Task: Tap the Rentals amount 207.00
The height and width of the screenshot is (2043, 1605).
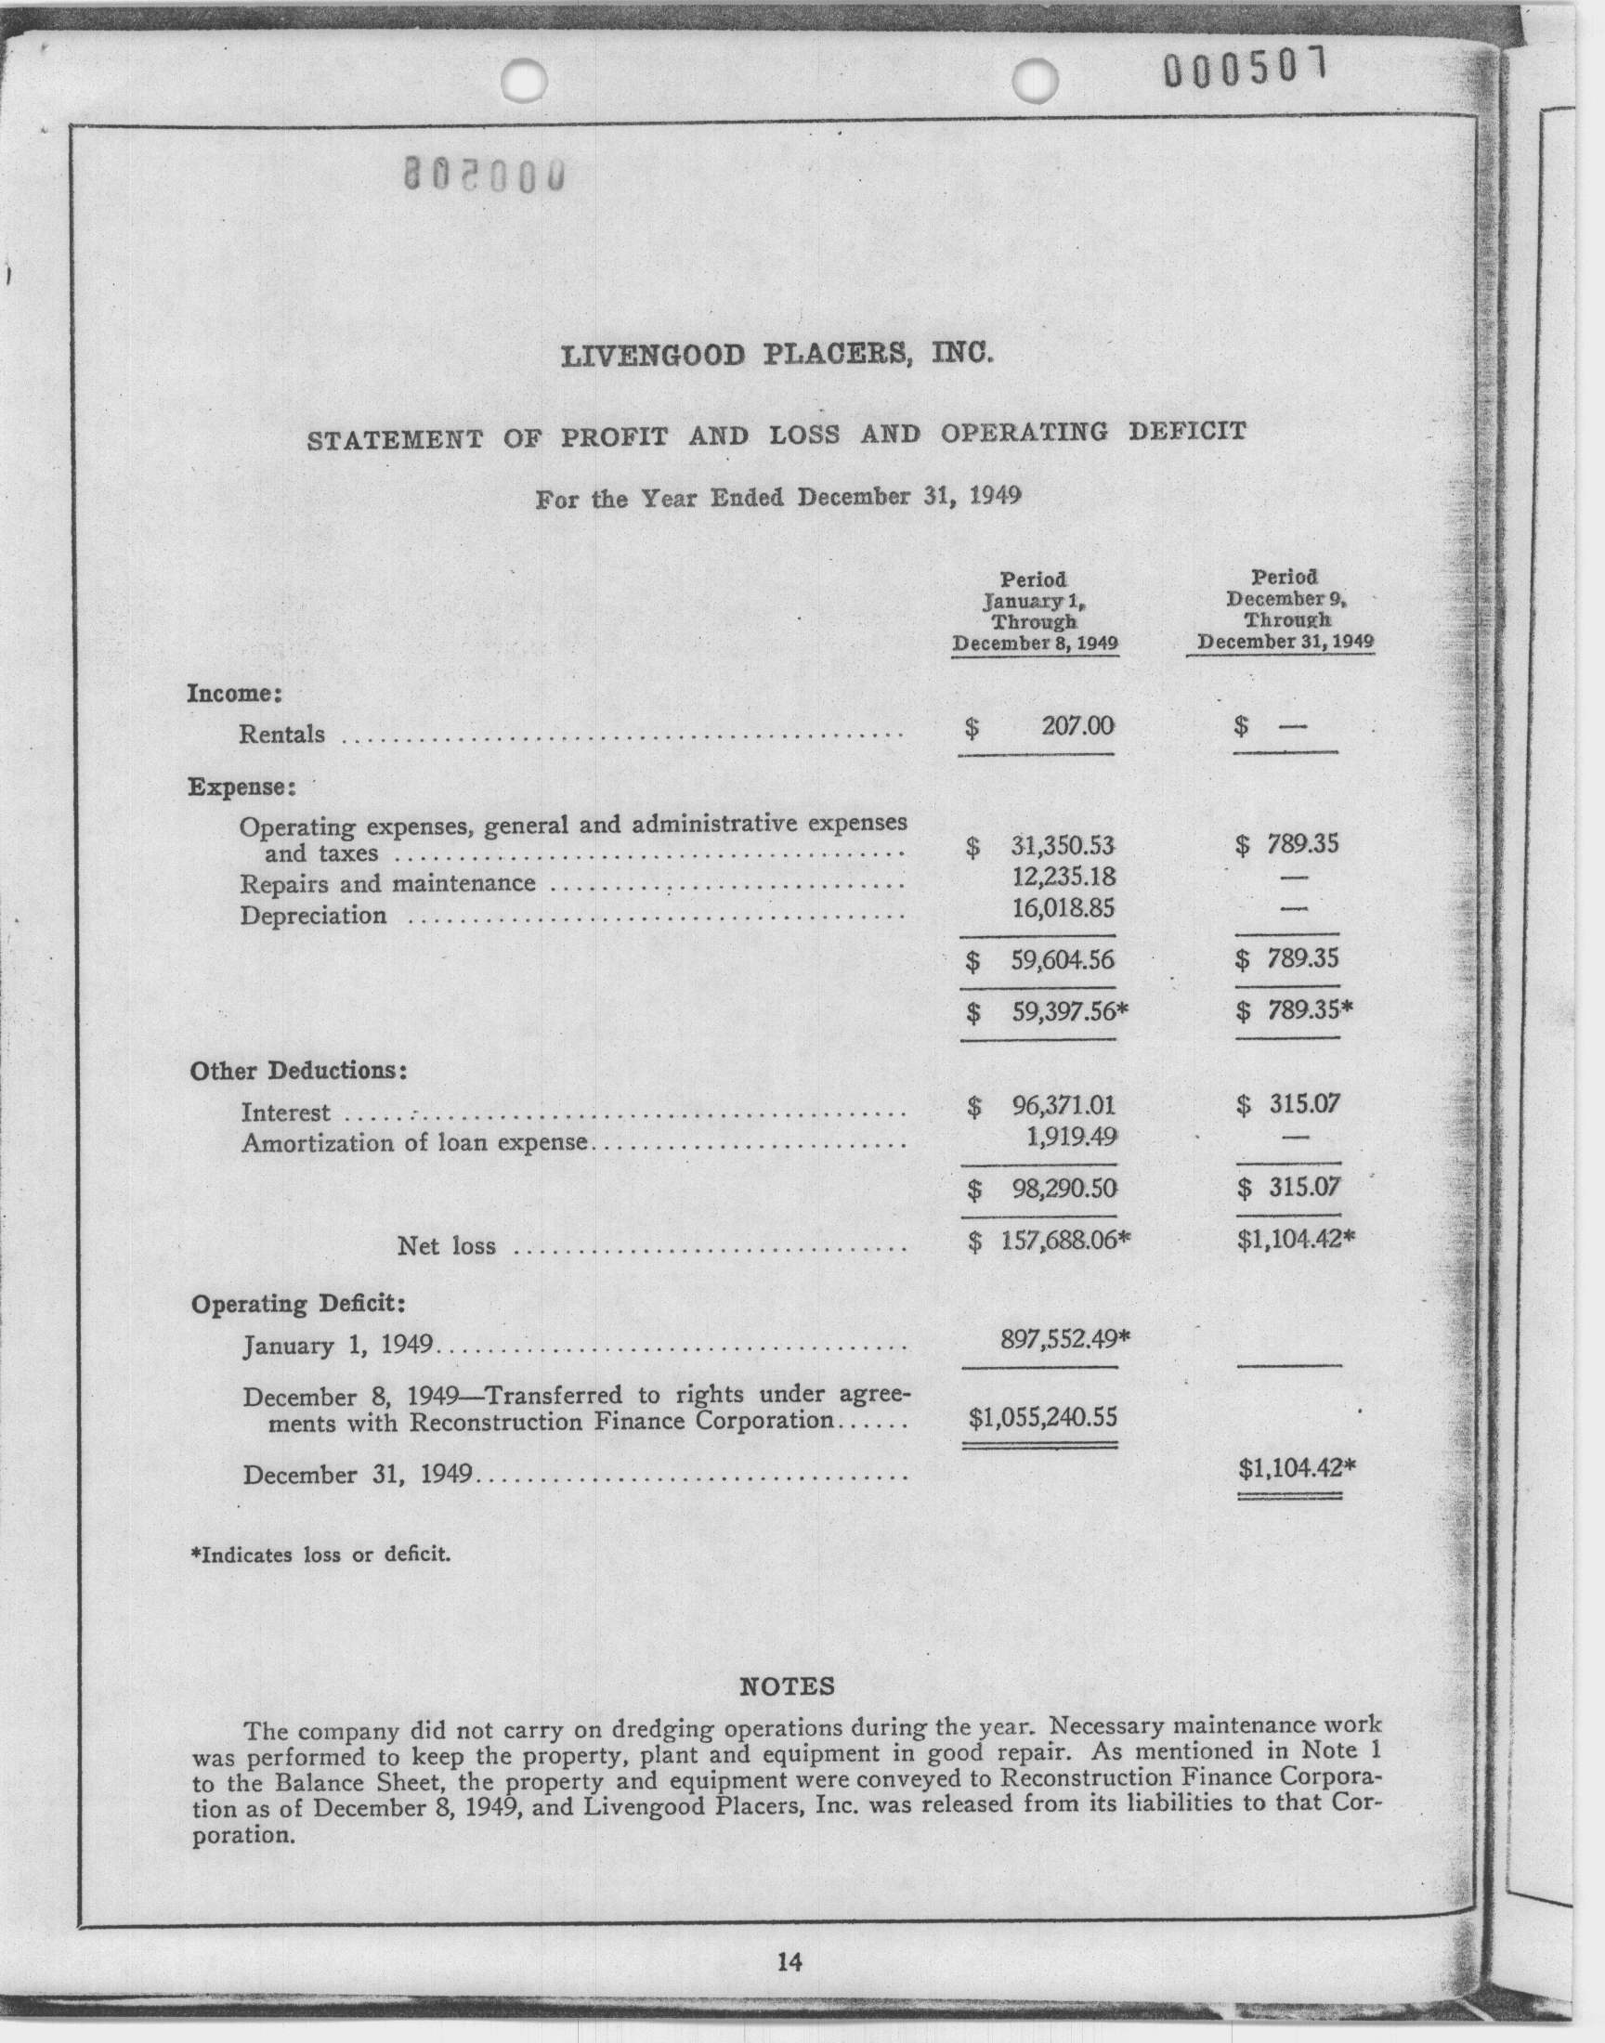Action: [1077, 726]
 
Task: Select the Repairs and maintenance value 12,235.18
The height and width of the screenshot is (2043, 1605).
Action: [1063, 878]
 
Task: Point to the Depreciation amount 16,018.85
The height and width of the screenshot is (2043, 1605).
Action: [1063, 909]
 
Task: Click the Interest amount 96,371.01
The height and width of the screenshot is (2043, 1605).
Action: [1063, 1106]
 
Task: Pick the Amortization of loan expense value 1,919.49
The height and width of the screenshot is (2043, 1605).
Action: [1071, 1138]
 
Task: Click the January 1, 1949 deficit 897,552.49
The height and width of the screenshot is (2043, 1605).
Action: [1063, 1337]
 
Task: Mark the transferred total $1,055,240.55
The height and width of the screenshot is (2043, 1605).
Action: [1043, 1415]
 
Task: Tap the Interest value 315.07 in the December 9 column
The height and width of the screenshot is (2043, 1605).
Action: [1304, 1104]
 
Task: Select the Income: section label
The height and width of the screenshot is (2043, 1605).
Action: [235, 694]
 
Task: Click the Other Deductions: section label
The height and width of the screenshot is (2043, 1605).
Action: [298, 1071]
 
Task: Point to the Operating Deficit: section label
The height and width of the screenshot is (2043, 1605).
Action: [298, 1304]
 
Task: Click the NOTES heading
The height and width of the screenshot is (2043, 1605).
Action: [788, 1686]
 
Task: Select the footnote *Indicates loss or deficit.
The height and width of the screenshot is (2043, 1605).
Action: [320, 1555]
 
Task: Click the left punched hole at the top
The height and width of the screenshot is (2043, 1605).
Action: [525, 79]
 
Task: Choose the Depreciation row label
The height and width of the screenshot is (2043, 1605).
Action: [313, 915]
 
